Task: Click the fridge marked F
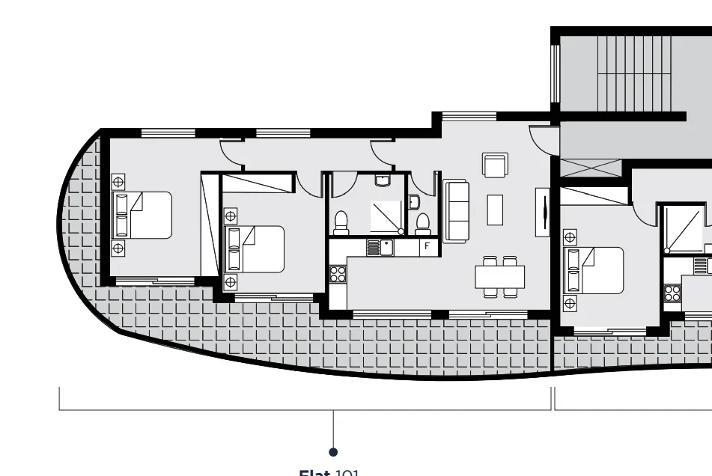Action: click(427, 246)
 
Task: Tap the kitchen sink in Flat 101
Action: click(386, 247)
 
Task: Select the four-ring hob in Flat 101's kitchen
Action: click(338, 274)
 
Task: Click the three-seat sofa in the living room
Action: click(455, 211)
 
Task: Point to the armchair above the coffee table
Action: click(495, 165)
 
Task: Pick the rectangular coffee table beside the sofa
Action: click(495, 210)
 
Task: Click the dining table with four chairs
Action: click(500, 277)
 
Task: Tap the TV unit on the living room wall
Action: click(543, 212)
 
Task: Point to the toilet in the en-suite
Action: click(422, 223)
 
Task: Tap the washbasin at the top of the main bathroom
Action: click(382, 180)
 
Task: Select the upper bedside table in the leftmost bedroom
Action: click(118, 181)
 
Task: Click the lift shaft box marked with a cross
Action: click(591, 168)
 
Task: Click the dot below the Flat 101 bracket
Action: click(333, 452)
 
